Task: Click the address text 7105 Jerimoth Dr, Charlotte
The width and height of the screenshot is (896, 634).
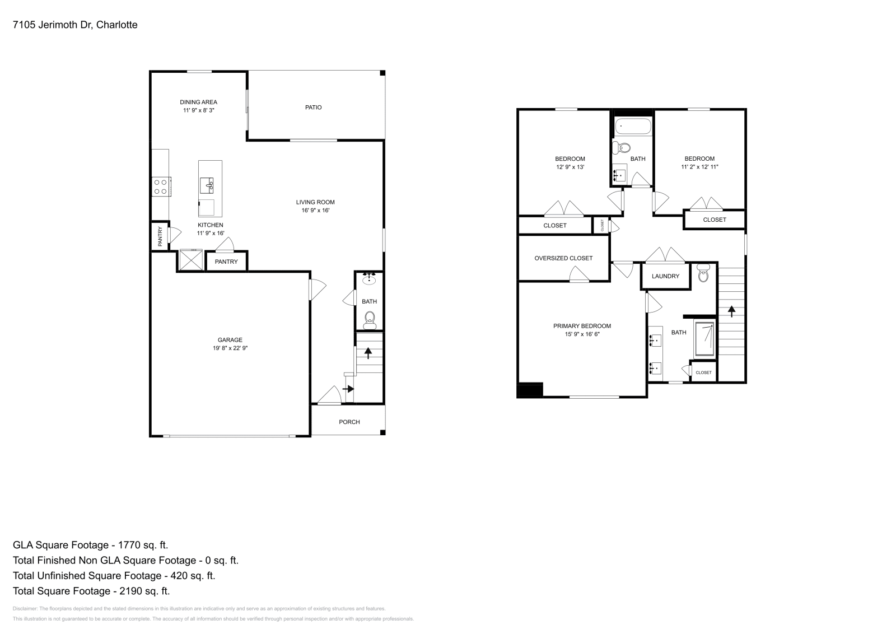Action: [x=75, y=25]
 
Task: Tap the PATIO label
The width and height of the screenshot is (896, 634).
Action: [x=313, y=107]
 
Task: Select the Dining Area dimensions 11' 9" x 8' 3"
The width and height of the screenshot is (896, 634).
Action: [x=198, y=110]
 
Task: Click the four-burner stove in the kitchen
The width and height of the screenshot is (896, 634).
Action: [x=161, y=187]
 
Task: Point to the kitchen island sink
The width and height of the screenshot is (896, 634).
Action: [x=210, y=184]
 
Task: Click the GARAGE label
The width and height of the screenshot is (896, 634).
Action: [x=230, y=339]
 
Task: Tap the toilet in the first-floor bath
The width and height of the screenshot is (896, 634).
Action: [x=369, y=320]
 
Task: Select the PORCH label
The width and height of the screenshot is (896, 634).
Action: [x=349, y=422]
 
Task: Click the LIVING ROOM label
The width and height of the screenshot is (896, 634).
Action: [x=315, y=202]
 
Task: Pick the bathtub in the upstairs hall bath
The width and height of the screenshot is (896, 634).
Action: [x=633, y=127]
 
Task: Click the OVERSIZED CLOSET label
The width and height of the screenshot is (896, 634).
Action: [x=563, y=258]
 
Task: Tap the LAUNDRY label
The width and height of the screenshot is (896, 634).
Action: [x=665, y=276]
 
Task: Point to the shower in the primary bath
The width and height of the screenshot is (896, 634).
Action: [x=704, y=339]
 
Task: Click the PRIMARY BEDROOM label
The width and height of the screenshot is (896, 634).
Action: [x=582, y=326]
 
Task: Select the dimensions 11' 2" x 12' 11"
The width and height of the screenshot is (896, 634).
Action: [x=699, y=167]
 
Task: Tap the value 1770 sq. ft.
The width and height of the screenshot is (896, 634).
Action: [x=142, y=544]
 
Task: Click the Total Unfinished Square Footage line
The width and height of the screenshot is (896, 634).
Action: [x=114, y=575]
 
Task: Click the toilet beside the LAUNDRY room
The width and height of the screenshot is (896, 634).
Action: [x=703, y=274]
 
